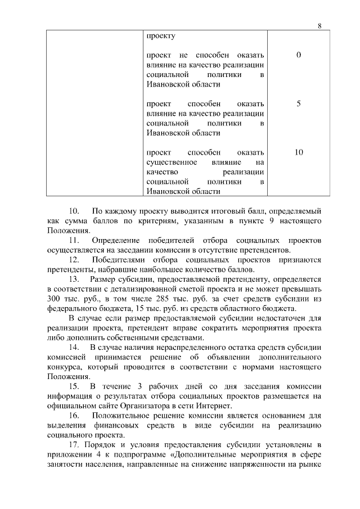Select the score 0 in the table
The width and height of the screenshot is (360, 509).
(298, 55)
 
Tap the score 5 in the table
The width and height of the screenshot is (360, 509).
(298, 104)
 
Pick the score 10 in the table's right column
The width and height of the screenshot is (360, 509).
(298, 152)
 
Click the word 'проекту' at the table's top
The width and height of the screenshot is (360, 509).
(160, 35)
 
